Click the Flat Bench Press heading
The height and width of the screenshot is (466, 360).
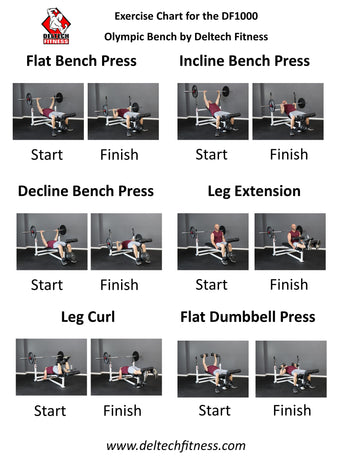click(81, 62)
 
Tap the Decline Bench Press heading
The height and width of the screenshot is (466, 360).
click(86, 191)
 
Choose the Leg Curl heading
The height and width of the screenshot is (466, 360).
click(86, 317)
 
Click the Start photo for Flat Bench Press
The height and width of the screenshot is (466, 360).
click(48, 111)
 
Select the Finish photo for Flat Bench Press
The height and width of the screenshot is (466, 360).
click(124, 111)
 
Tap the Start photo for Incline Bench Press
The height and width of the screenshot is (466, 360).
click(212, 111)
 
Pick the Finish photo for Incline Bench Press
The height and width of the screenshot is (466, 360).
click(288, 111)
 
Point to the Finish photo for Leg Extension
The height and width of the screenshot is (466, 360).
click(288, 241)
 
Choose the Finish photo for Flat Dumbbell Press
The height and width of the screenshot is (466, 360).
click(290, 368)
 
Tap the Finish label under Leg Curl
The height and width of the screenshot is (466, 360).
click(122, 410)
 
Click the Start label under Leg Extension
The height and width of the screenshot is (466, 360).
click(211, 285)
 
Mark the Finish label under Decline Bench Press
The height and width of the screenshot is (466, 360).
click(122, 285)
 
